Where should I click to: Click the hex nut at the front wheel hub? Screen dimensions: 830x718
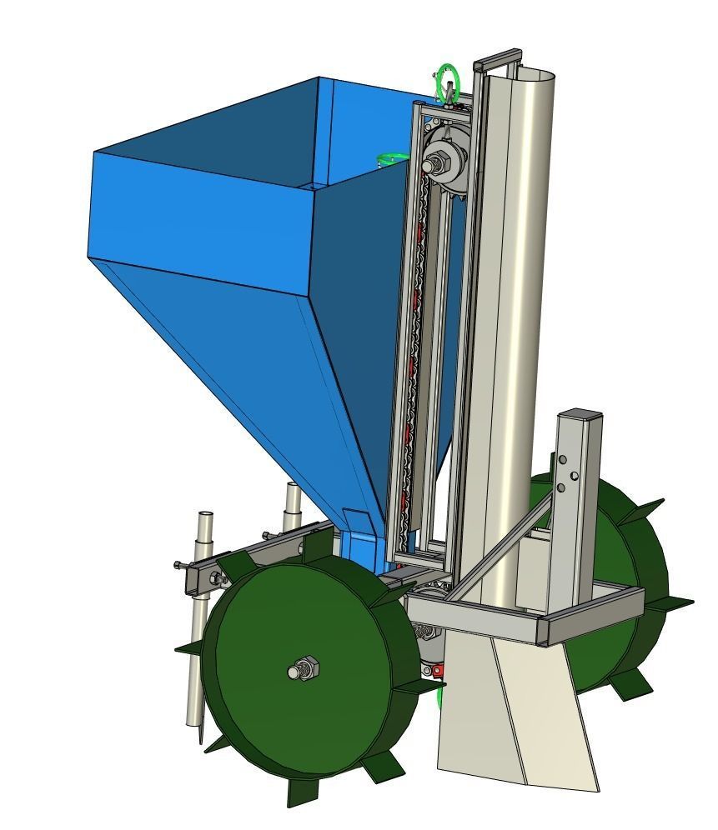(303, 667)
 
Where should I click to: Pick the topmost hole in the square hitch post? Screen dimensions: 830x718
(564, 459)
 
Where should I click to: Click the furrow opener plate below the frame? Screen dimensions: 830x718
(517, 708)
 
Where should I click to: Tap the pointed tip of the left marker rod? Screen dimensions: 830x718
(200, 740)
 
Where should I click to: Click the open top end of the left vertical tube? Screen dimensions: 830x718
(205, 515)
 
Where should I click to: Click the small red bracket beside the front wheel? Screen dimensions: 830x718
(437, 670)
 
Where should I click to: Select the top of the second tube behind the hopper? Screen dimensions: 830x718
(293, 486)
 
